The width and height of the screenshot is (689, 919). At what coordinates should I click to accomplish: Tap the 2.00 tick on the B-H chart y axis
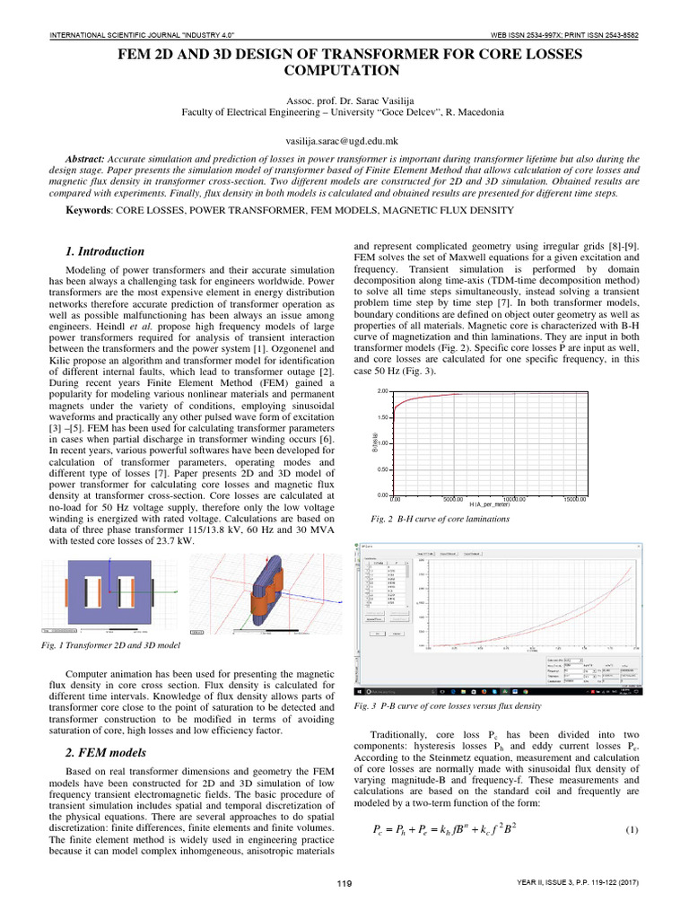[383, 391]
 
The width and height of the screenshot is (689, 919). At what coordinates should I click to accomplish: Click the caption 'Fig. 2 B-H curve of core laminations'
[440, 519]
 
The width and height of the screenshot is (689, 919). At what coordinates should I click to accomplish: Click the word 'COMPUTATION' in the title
[344, 69]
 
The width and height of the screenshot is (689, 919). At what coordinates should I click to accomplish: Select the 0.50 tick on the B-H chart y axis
[383, 469]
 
